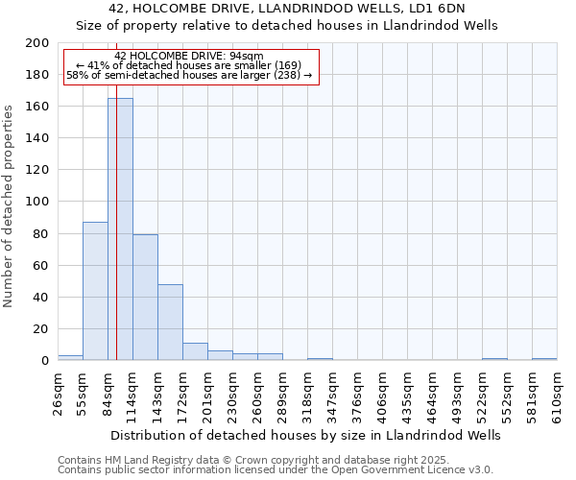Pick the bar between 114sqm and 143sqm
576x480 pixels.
click(145, 297)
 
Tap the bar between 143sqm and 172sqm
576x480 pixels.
click(170, 322)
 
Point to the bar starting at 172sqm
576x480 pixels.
click(195, 351)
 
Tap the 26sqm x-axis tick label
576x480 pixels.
click(59, 392)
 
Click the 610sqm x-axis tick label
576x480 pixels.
click(557, 392)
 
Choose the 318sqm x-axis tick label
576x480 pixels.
click(307, 392)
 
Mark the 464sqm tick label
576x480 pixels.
click(432, 392)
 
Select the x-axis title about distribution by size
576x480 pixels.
click(305, 435)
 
